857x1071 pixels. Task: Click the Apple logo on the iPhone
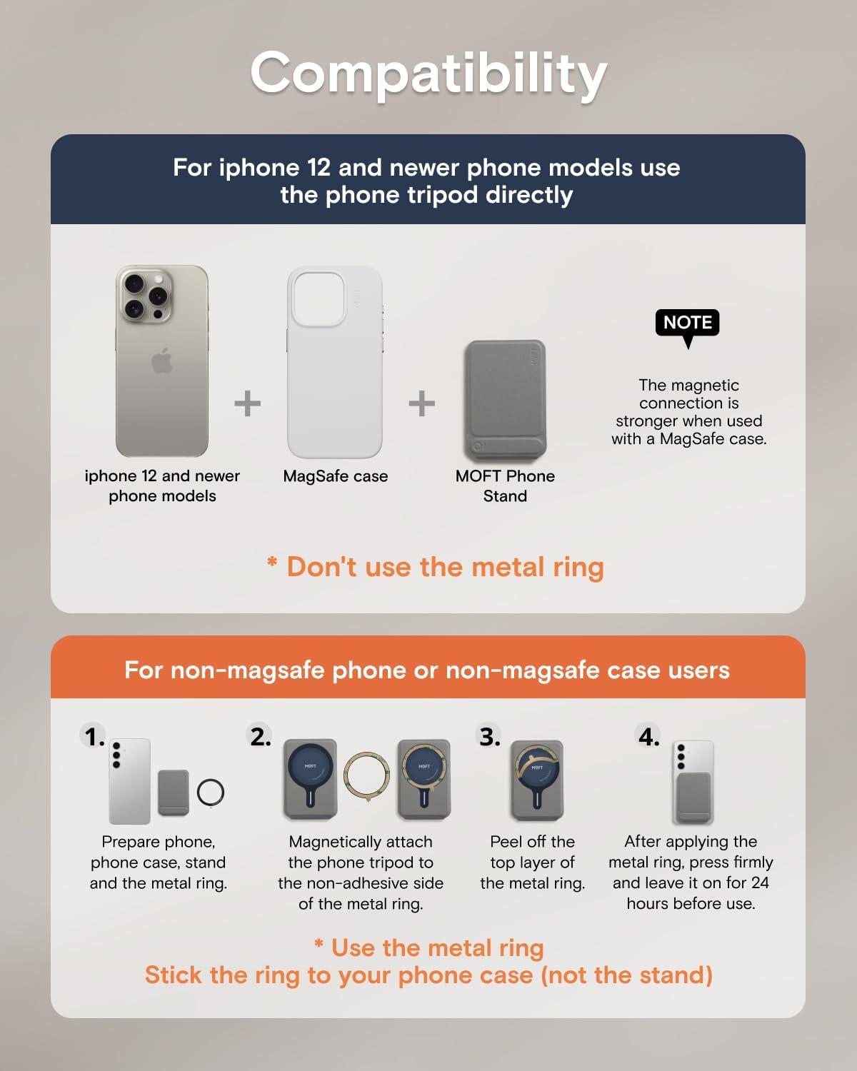162,361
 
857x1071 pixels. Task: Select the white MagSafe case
335,362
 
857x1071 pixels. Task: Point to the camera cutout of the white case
319,298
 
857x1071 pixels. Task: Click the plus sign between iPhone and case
248,403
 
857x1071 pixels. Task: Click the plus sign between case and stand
422,403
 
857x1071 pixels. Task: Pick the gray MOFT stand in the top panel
505,401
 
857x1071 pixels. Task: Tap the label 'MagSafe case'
335,476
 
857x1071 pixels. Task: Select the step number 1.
94,737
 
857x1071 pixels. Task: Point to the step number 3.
489,737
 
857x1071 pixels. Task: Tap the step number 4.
649,737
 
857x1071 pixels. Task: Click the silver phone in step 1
129,781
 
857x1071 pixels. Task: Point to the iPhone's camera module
145,296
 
